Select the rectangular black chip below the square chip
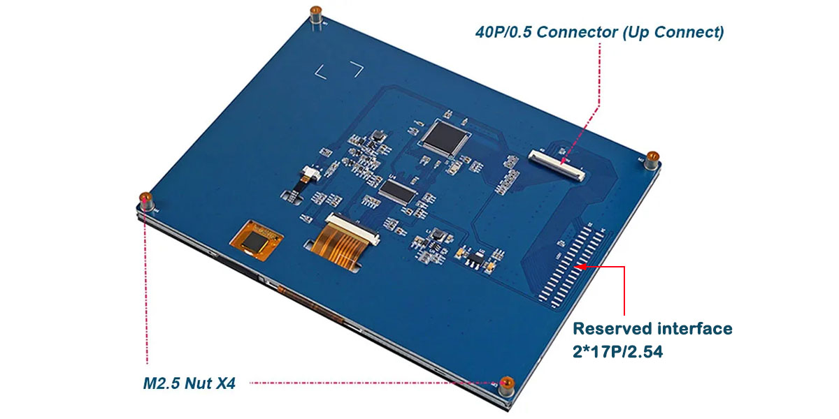click(x=398, y=191)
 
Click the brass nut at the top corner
click(x=316, y=13)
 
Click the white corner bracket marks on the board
click(x=339, y=70)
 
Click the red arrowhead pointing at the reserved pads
click(x=580, y=266)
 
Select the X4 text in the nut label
click(x=227, y=383)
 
